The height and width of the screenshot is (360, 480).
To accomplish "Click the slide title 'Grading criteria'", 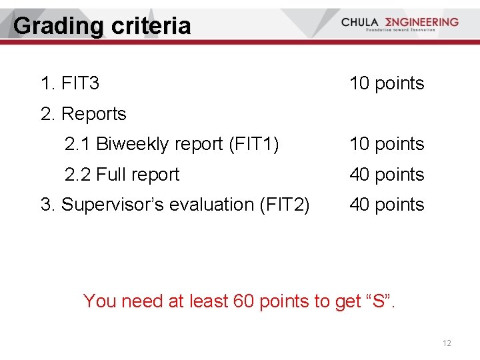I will (x=102, y=26).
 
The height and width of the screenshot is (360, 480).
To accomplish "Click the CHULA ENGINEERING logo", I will (x=399, y=22).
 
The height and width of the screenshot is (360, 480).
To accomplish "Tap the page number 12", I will (x=447, y=343).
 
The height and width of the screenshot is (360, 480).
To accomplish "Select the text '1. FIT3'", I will (x=70, y=83).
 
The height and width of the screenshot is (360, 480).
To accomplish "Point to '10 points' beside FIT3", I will (x=387, y=83).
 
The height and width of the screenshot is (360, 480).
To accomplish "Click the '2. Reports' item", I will (x=83, y=114).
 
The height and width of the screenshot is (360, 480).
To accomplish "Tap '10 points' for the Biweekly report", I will (x=387, y=144).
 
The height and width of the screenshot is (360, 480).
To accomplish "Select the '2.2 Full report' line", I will (x=122, y=175).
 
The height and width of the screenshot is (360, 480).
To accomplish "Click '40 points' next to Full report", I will (x=387, y=175).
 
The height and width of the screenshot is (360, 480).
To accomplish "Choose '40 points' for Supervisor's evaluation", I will (x=387, y=205).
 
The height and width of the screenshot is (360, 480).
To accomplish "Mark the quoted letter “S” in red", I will (x=379, y=301).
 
